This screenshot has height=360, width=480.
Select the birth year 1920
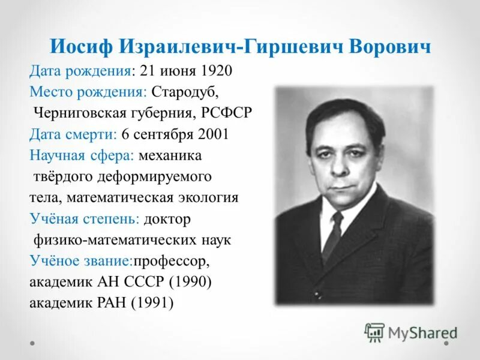tap(217, 71)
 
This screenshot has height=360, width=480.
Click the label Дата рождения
tap(80, 71)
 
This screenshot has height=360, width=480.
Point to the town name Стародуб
tap(185, 92)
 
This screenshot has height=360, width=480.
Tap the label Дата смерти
tap(73, 134)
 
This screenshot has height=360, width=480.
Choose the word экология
tap(210, 197)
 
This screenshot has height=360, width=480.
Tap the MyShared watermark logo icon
tap(374, 332)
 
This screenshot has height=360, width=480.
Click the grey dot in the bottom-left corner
tap(33, 344)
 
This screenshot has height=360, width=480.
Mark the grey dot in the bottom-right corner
tap(447, 344)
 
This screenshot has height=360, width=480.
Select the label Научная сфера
tap(82, 155)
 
